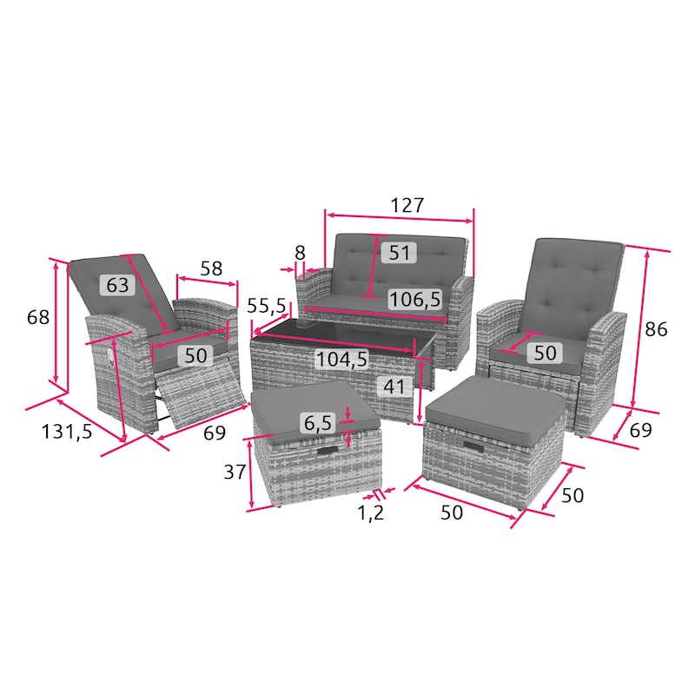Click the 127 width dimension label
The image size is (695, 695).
point(407,205)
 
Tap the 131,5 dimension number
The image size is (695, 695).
point(67,432)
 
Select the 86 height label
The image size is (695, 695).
point(656,329)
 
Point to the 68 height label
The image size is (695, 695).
point(38,317)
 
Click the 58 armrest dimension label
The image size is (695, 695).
point(211,268)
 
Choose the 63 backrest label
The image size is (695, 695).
point(117,285)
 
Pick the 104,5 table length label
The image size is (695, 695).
point(341,359)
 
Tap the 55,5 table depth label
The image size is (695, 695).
point(267,306)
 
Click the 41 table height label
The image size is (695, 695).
point(394,387)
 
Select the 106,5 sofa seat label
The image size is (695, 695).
point(415,300)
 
